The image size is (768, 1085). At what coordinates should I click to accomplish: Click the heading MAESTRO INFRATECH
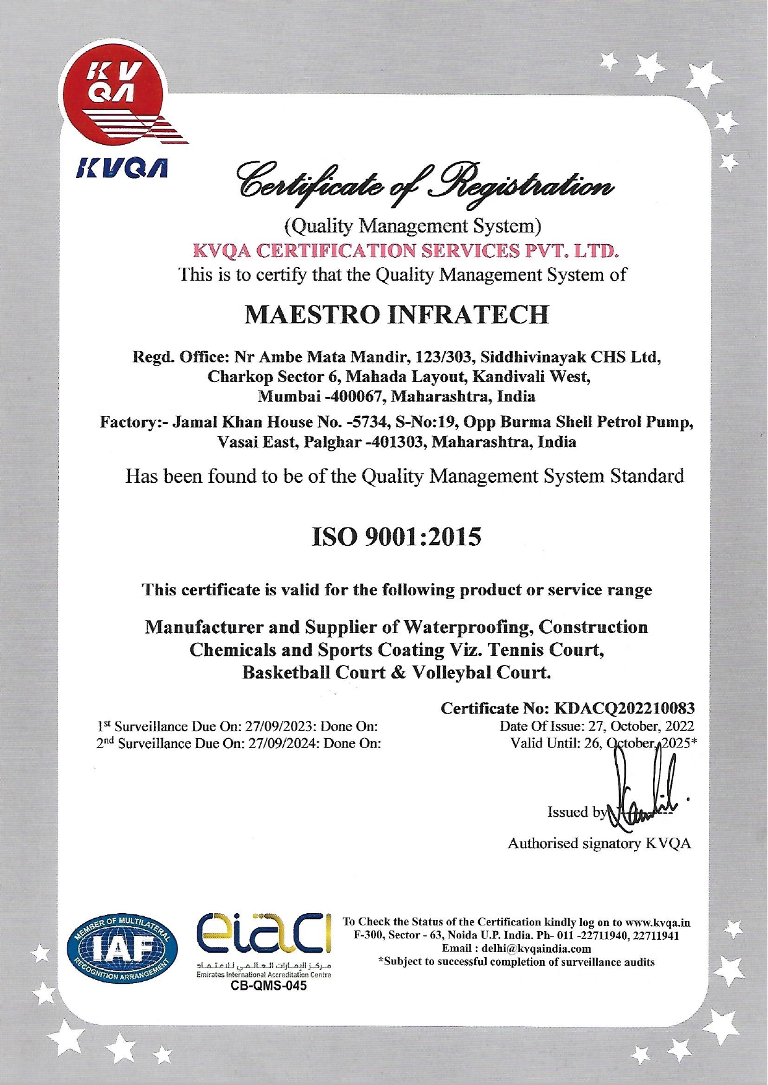396,315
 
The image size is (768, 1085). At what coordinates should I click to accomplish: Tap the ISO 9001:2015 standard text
396,537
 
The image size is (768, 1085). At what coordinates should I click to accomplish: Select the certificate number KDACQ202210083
625,708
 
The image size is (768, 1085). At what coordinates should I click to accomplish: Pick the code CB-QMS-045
268,986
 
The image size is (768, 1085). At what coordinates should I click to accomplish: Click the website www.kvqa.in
658,922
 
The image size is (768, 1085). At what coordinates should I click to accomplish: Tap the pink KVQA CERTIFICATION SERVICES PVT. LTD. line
406,251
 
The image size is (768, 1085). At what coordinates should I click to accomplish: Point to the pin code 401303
396,443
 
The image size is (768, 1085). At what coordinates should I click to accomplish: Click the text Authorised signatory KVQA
599,843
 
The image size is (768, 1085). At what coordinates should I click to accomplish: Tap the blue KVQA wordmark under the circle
121,167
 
